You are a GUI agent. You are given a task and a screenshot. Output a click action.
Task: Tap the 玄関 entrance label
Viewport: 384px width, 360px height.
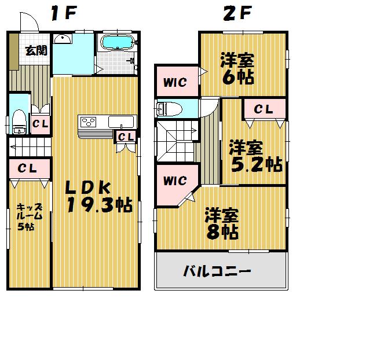(36, 51)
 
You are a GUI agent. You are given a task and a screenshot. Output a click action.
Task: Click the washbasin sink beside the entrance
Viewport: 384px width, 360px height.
(62, 39)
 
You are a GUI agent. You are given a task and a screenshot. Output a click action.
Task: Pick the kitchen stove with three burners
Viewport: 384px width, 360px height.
(90, 122)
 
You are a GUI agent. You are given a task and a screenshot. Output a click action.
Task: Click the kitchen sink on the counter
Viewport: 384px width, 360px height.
(122, 122)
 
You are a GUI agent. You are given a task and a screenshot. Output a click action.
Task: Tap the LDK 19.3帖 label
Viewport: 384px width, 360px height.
(97, 197)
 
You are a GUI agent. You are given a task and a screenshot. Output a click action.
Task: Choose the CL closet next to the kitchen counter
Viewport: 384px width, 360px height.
(126, 137)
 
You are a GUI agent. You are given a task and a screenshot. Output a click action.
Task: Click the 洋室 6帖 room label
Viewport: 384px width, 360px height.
(237, 69)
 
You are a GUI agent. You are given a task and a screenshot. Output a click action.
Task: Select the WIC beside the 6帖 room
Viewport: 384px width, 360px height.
(174, 83)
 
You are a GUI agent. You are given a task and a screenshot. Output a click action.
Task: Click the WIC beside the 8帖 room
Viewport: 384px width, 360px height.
(174, 181)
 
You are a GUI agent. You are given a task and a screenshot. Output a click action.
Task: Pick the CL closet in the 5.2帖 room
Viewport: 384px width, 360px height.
(264, 108)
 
